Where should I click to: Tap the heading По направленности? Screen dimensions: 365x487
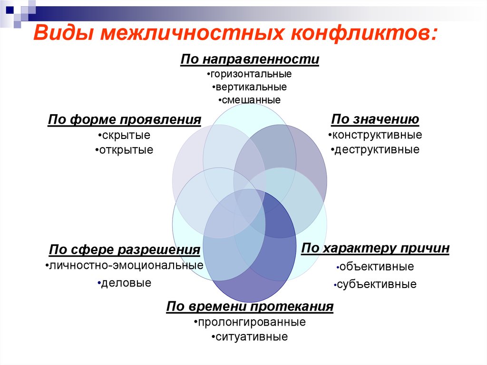point(250,60)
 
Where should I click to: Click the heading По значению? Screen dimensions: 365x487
point(375,119)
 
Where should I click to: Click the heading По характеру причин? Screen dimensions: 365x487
point(375,248)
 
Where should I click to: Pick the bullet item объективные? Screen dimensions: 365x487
point(376,266)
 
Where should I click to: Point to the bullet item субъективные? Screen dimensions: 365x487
point(376,285)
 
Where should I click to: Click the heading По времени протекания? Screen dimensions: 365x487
point(250,306)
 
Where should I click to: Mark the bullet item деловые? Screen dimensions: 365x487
point(125,283)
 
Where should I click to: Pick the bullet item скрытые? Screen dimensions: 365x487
point(125,135)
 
